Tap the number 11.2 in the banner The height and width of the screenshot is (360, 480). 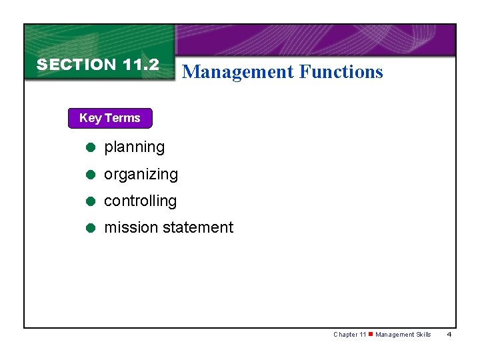[141, 65]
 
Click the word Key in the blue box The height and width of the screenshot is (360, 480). [89, 118]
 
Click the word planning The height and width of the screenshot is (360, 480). [134, 147]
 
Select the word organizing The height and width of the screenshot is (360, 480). [141, 175]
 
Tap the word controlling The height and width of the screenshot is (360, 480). [140, 201]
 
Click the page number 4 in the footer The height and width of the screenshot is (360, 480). [449, 335]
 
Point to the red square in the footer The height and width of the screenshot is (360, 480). [371, 334]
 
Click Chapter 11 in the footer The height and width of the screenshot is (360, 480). [349, 335]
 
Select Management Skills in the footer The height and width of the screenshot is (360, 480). [403, 335]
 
